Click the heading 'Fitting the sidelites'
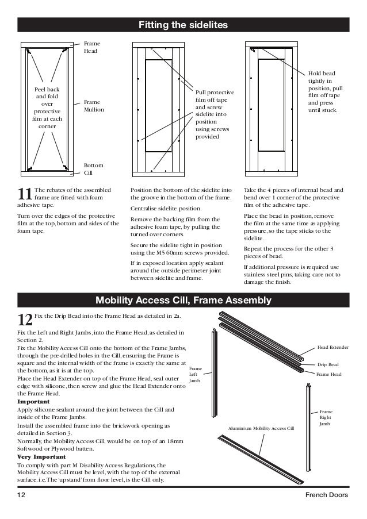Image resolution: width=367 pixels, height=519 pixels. coord(183,26)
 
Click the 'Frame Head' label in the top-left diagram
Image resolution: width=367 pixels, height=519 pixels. coord(90,47)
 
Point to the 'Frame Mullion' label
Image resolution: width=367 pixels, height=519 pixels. coord(94,106)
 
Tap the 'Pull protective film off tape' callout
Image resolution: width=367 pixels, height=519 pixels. coord(212,114)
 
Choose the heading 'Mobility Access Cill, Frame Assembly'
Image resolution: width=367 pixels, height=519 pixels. coord(183,301)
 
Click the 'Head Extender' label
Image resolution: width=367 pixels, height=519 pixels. coord(333,348)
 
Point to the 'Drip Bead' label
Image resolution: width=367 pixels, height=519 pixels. coord(328,364)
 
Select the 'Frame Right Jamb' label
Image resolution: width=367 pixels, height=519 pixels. coord(326,418)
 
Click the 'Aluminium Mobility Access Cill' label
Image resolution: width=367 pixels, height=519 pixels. coord(261,429)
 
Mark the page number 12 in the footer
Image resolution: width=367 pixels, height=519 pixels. coord(21,495)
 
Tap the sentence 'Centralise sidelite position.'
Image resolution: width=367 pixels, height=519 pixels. coord(166,208)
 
